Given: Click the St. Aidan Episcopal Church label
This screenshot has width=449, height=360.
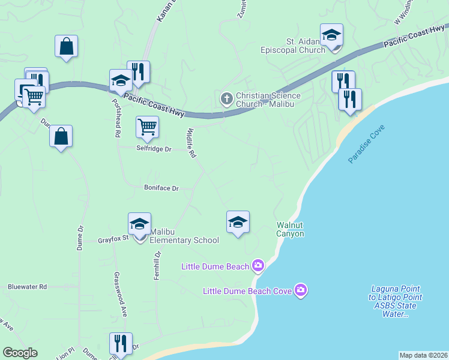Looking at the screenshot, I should pyautogui.click(x=305, y=46).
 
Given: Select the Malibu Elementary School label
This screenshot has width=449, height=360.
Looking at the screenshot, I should pyautogui.click(x=184, y=236).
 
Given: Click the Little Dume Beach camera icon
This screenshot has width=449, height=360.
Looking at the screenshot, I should pyautogui.click(x=258, y=265).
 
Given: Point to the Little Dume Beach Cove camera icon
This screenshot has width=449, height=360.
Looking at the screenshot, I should pyautogui.click(x=301, y=291).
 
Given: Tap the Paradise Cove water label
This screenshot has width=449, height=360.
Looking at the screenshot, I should pyautogui.click(x=366, y=145).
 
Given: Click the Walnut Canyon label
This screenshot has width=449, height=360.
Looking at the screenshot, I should pyautogui.click(x=290, y=229).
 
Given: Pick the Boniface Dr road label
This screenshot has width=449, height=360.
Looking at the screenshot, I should pyautogui.click(x=161, y=188).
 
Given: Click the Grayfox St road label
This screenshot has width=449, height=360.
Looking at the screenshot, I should pyautogui.click(x=113, y=240).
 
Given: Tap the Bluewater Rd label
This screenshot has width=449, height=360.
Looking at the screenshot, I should pyautogui.click(x=27, y=287).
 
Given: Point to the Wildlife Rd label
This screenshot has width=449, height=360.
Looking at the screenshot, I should pyautogui.click(x=191, y=143).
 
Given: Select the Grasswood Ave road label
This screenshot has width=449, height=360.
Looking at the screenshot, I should pyautogui.click(x=120, y=295).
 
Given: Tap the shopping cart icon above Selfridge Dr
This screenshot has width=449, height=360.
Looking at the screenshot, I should pyautogui.click(x=147, y=127).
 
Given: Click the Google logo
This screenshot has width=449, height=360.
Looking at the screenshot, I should pyautogui.click(x=20, y=352).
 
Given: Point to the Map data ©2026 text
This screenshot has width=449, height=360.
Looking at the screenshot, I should pyautogui.click(x=423, y=355).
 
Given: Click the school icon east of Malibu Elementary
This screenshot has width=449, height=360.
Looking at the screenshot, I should pyautogui.click(x=238, y=222).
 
